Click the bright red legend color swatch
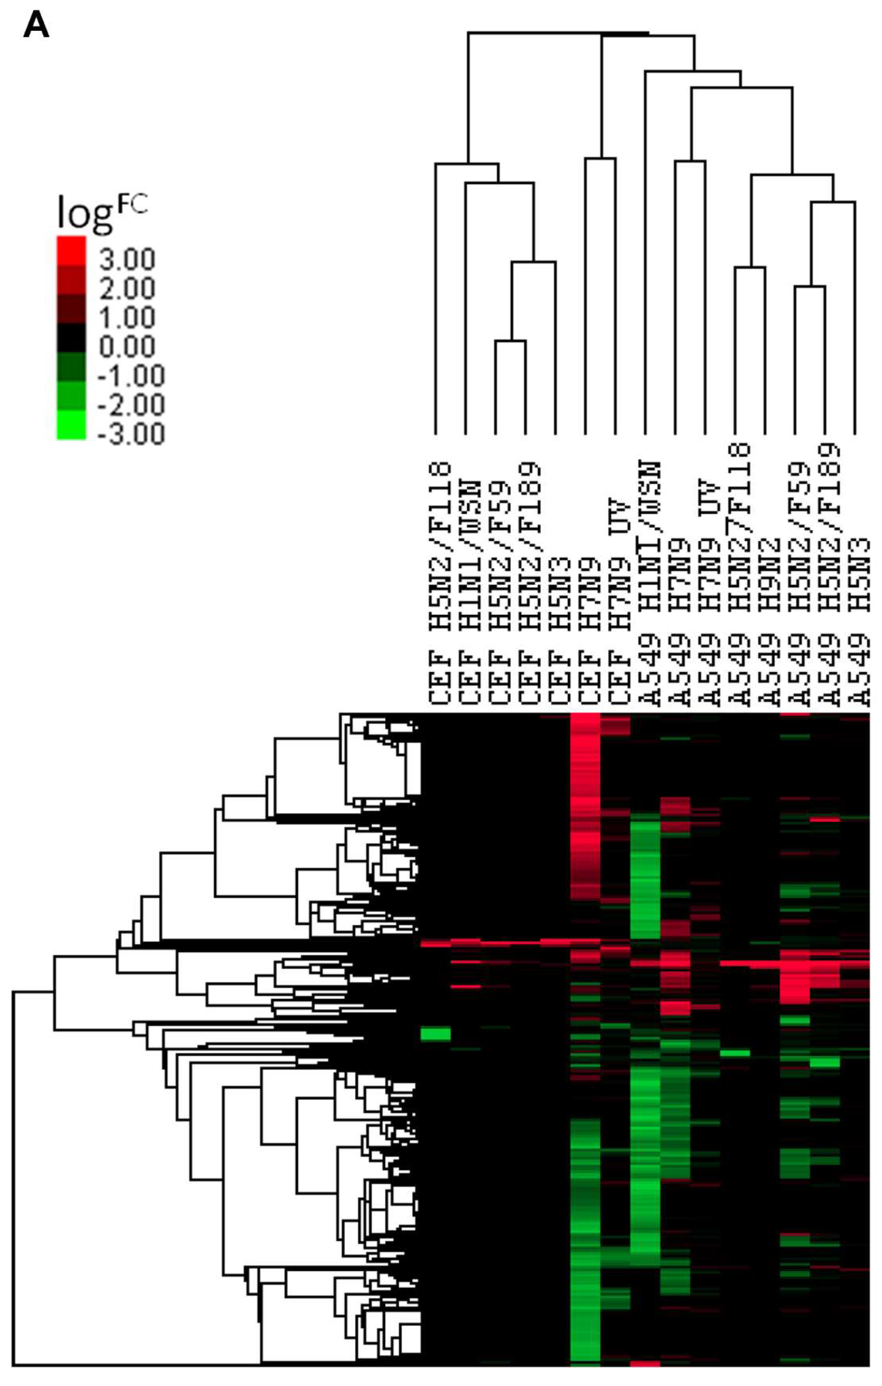(x=71, y=250)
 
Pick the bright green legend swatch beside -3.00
(x=71, y=425)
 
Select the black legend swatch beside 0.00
(x=71, y=338)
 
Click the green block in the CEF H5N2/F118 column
(x=435, y=1034)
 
